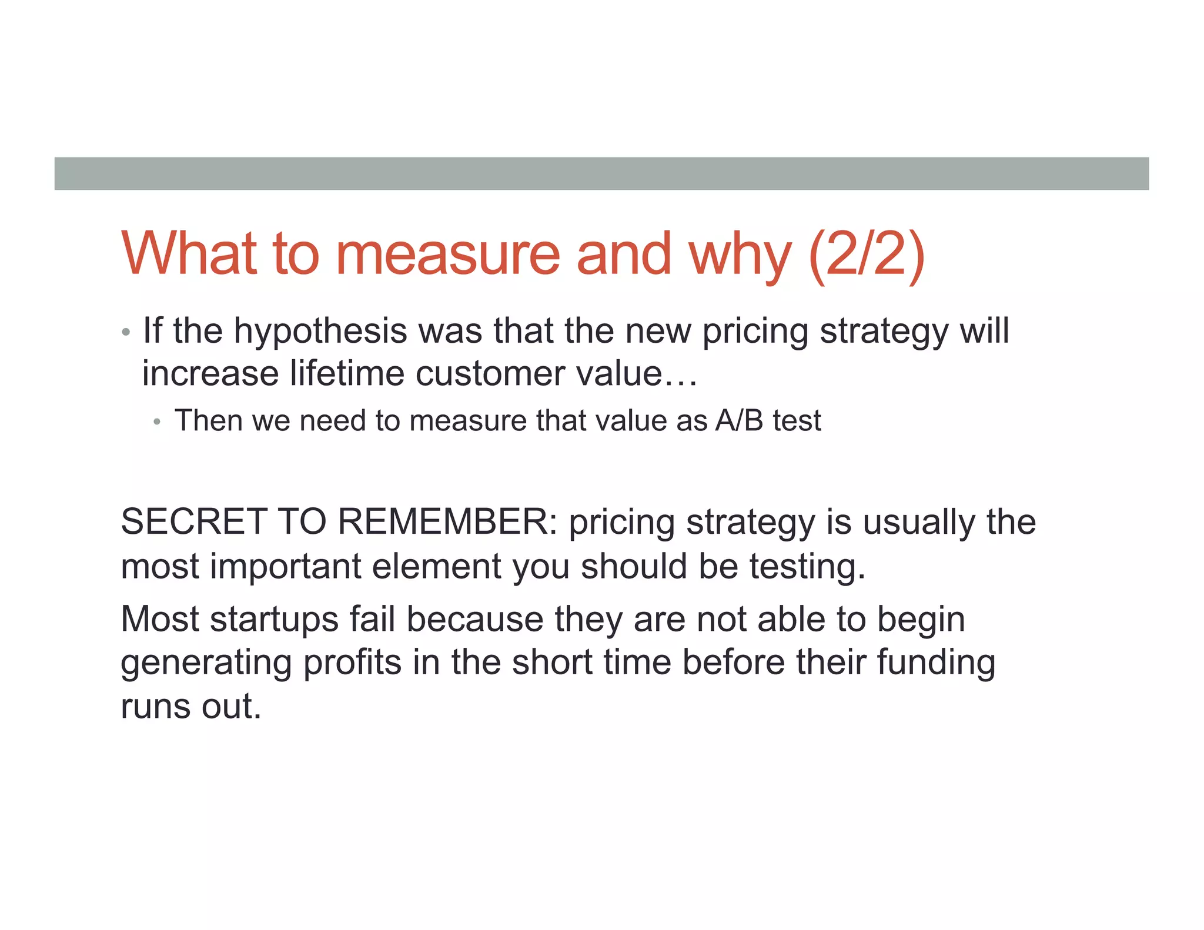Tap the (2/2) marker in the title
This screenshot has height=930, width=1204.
click(867, 254)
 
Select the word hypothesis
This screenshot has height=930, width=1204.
click(320, 332)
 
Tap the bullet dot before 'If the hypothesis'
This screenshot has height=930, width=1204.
click(125, 333)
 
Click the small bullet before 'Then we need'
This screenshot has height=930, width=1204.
click(156, 421)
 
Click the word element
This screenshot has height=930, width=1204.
click(436, 566)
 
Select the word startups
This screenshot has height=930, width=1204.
click(275, 620)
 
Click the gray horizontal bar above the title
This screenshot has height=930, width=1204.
click(601, 173)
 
